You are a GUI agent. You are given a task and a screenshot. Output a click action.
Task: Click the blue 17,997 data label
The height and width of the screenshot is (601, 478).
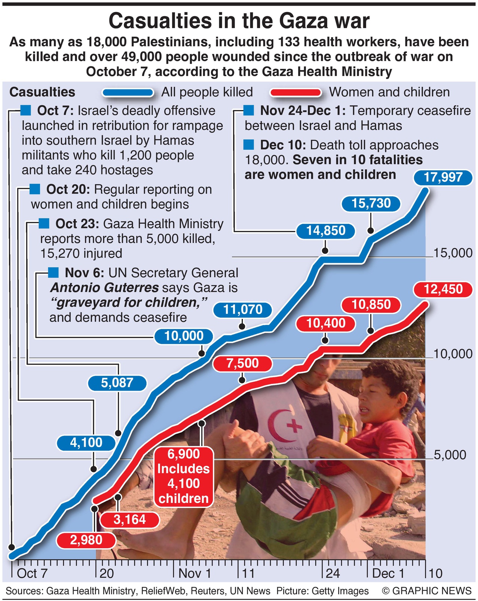coord(443,177)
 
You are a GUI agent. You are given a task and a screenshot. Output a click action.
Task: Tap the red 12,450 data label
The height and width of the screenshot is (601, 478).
coord(443,289)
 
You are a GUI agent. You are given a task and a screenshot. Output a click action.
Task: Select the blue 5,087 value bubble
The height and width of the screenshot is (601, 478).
coord(117,383)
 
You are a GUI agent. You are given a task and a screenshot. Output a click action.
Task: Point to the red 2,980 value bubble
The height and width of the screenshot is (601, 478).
coord(86,540)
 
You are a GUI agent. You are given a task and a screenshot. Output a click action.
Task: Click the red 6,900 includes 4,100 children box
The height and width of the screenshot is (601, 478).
coord(183,476)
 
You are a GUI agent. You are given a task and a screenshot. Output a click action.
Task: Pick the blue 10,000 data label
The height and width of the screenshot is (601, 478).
coord(184,336)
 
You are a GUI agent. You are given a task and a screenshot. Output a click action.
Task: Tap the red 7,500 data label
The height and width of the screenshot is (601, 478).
coord(242,363)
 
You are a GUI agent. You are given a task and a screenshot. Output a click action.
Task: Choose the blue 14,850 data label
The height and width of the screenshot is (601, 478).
coord(326,231)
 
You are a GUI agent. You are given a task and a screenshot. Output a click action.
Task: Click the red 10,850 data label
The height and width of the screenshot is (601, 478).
coord(371,305)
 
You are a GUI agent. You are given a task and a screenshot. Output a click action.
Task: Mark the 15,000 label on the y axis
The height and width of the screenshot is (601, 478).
coord(453,253)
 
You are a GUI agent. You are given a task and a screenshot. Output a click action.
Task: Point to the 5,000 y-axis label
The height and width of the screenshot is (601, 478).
coord(450,455)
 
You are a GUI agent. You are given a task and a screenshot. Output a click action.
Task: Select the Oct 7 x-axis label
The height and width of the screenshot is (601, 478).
coord(32,573)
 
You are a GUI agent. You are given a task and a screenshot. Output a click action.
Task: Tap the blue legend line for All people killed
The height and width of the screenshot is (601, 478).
coord(128,92)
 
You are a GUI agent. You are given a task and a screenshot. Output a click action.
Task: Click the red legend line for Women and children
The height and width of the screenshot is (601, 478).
coord(295,92)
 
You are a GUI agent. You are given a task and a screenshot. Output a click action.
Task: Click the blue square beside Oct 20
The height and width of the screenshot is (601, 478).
coord(35,189)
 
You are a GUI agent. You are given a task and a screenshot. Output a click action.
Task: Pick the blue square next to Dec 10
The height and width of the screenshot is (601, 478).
coord(248,145)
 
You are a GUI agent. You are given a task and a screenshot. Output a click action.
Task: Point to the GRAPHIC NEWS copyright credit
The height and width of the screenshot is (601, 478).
coord(427,591)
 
